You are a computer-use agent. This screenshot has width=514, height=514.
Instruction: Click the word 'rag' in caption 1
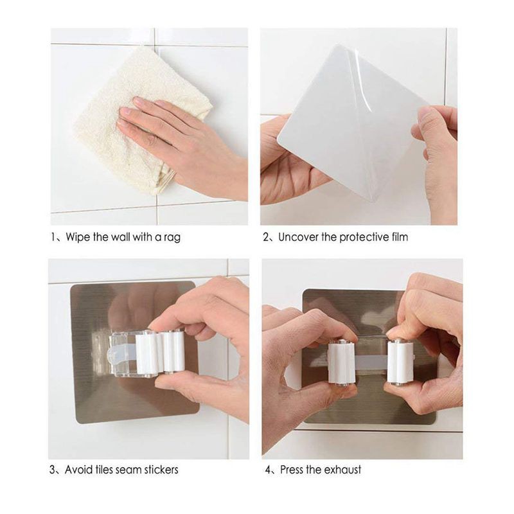[172, 237]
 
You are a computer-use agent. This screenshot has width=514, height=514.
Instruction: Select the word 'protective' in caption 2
[364, 237]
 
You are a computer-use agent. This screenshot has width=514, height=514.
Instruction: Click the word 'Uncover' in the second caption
[298, 236]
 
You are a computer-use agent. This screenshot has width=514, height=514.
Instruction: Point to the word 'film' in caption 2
[400, 236]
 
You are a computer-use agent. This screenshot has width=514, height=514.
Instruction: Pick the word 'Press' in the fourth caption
[292, 470]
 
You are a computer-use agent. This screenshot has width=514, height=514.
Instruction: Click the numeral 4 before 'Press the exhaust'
[268, 470]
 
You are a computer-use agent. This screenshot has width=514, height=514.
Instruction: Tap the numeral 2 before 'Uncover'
[266, 237]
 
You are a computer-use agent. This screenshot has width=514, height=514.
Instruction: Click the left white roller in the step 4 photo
[342, 363]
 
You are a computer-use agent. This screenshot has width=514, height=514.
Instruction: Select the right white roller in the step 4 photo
[400, 363]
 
